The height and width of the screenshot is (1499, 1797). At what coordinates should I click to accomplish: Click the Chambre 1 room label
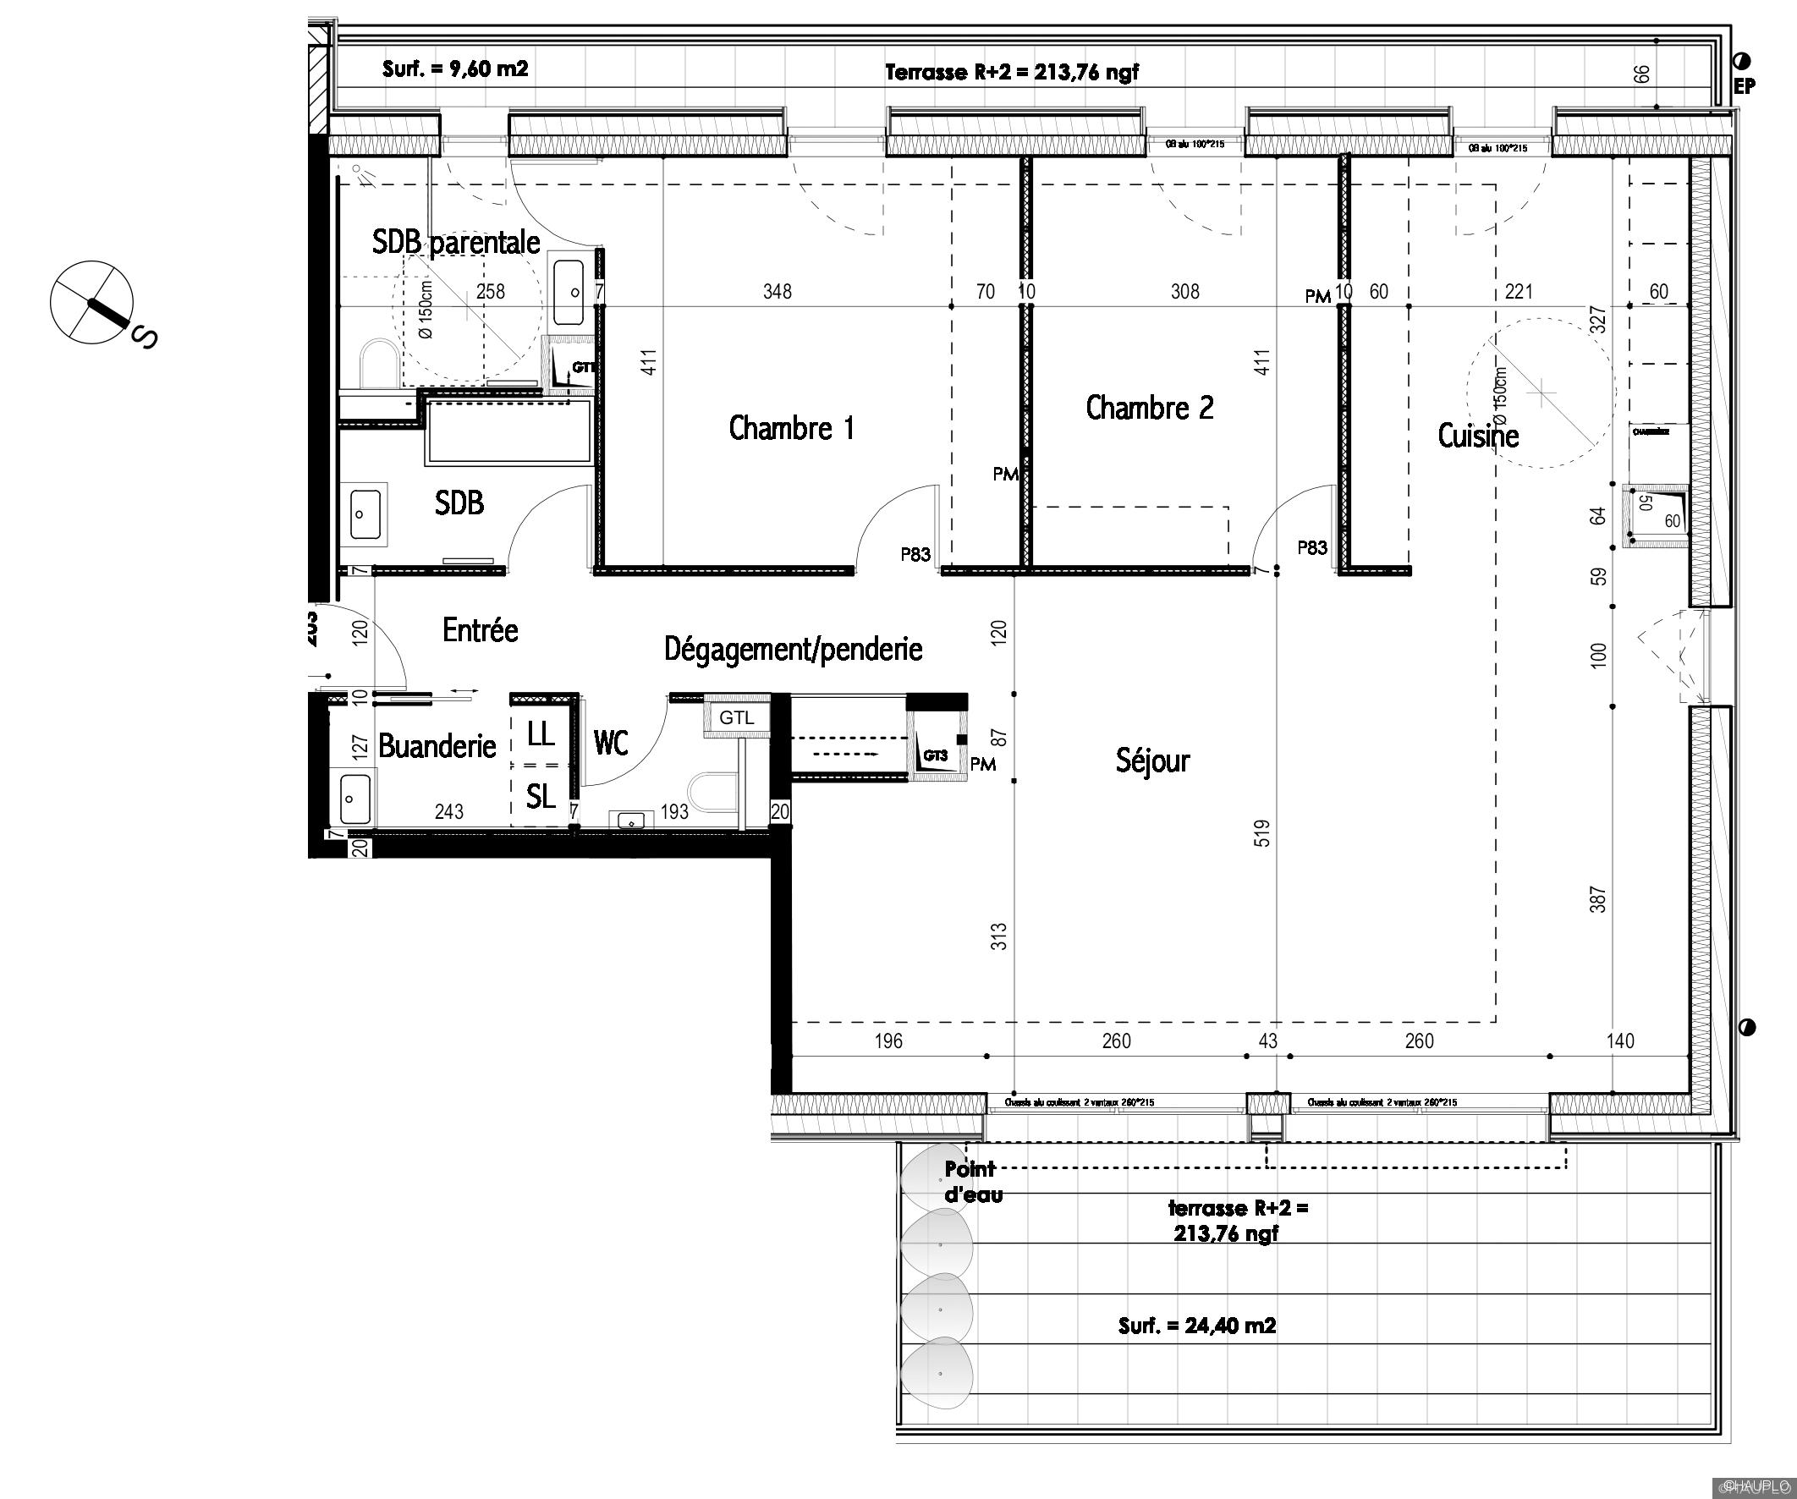tap(792, 428)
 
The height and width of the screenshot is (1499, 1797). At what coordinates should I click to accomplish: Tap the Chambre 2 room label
tap(1149, 407)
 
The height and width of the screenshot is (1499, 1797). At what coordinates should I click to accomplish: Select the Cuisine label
tap(1478, 436)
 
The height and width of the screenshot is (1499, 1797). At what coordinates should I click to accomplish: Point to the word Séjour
tap(1151, 760)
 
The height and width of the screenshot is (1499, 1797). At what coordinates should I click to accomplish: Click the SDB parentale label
tap(455, 242)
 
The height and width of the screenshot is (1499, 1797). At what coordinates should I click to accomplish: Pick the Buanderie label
tap(437, 746)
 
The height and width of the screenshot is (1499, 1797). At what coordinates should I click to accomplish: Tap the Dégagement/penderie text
tap(794, 650)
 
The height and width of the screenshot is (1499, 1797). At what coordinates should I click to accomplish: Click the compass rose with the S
tap(92, 303)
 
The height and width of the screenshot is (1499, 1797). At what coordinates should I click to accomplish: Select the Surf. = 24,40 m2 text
tap(1196, 1326)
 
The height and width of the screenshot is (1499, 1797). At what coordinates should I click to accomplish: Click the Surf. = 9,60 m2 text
tap(454, 69)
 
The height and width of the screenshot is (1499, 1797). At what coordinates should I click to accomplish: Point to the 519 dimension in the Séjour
tap(1262, 833)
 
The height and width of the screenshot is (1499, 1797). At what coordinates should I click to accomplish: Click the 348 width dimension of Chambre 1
tap(777, 292)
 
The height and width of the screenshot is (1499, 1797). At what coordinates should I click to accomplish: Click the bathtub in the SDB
tap(508, 431)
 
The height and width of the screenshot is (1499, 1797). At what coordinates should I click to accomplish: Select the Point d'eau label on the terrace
tap(972, 1181)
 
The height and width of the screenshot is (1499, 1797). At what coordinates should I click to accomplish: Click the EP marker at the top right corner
tap(1744, 85)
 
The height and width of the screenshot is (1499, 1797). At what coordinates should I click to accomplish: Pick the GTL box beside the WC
tap(736, 718)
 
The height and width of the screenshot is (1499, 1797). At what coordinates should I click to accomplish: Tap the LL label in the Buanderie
tap(541, 733)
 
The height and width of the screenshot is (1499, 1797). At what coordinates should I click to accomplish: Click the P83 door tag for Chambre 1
tap(915, 554)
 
